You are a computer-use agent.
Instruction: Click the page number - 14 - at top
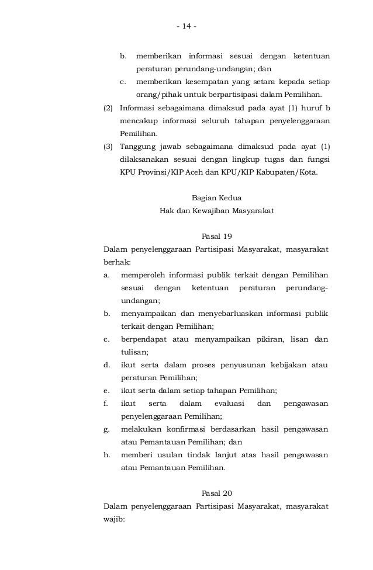pyautogui.click(x=186, y=26)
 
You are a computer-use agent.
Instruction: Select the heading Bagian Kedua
pyautogui.click(x=216, y=197)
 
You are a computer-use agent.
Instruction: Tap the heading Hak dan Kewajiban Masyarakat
pyautogui.click(x=216, y=210)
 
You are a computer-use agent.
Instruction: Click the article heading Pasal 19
pyautogui.click(x=216, y=237)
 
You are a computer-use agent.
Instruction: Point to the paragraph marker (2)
pyautogui.click(x=108, y=108)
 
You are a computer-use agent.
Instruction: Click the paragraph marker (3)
pyautogui.click(x=108, y=147)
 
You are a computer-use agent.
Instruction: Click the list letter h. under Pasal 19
pyautogui.click(x=106, y=454)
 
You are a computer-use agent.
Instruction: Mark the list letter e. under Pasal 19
pyautogui.click(x=106, y=390)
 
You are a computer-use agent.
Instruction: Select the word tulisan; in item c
pyautogui.click(x=134, y=352)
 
